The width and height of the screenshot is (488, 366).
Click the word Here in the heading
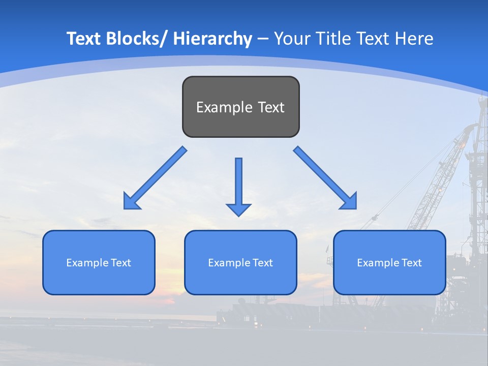(415, 39)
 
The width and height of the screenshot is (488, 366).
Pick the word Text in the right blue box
(412, 263)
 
